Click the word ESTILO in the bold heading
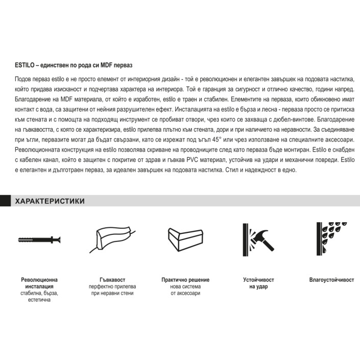(25, 65)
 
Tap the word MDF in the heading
(107, 65)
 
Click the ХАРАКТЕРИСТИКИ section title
(50, 201)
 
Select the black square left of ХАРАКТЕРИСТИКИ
(5, 201)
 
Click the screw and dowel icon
(39, 240)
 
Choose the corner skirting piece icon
(185, 239)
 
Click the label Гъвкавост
(112, 280)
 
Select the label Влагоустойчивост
(331, 280)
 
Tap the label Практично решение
(185, 280)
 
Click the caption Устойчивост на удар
(258, 283)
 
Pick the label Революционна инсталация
(39, 283)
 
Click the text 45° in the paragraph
(215, 139)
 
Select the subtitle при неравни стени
(112, 293)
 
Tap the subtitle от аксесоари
(185, 293)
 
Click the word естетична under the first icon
(39, 300)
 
